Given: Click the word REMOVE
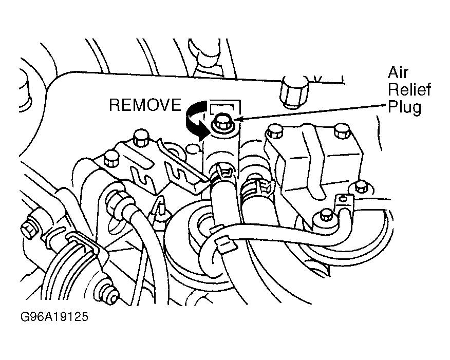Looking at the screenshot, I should click(145, 105).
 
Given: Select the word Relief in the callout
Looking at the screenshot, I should click(409, 90).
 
